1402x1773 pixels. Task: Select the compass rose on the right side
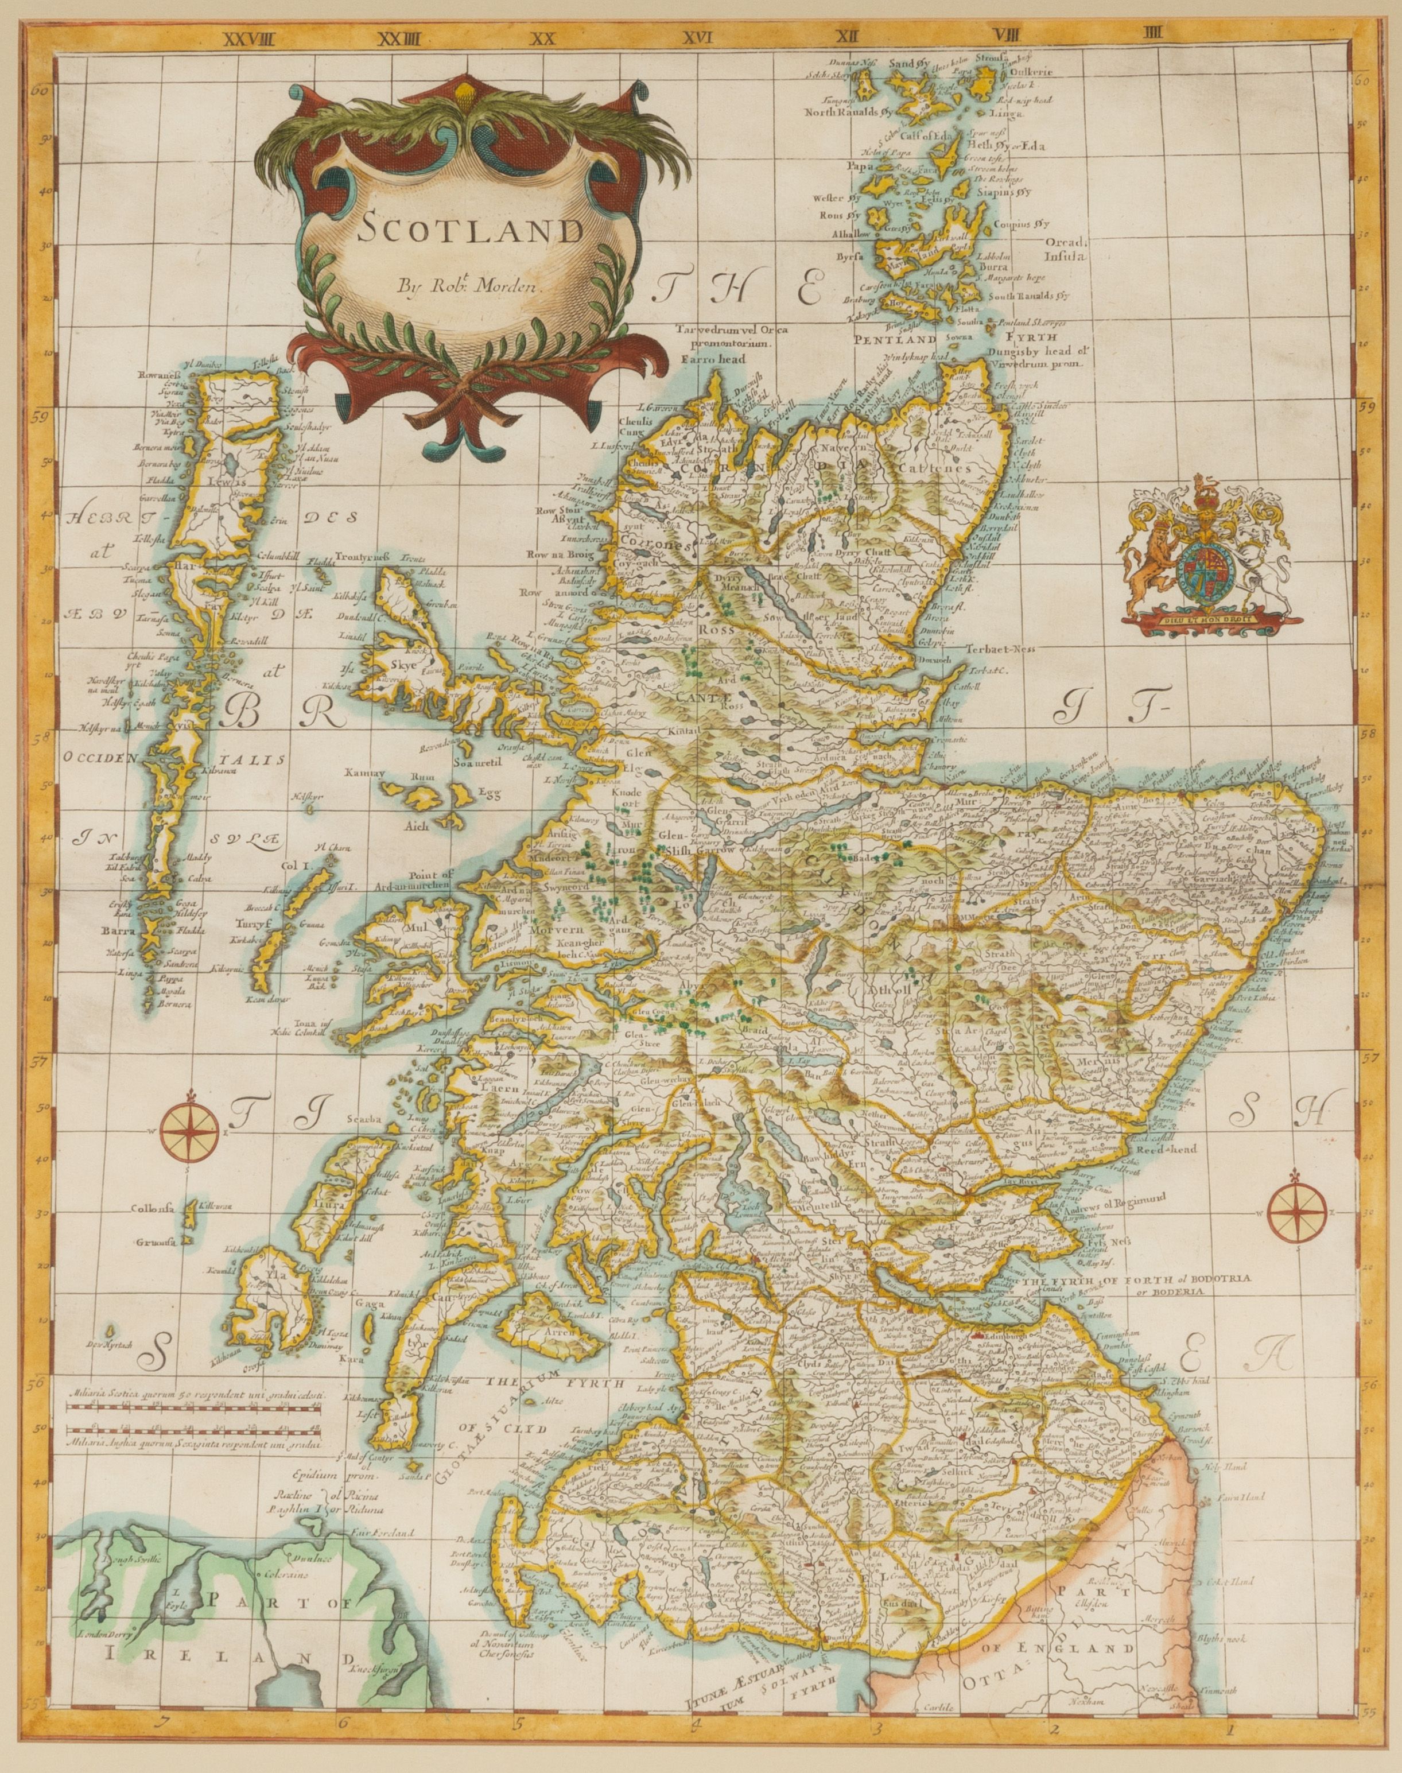pos(1299,1213)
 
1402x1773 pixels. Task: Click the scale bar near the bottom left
pos(194,1427)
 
